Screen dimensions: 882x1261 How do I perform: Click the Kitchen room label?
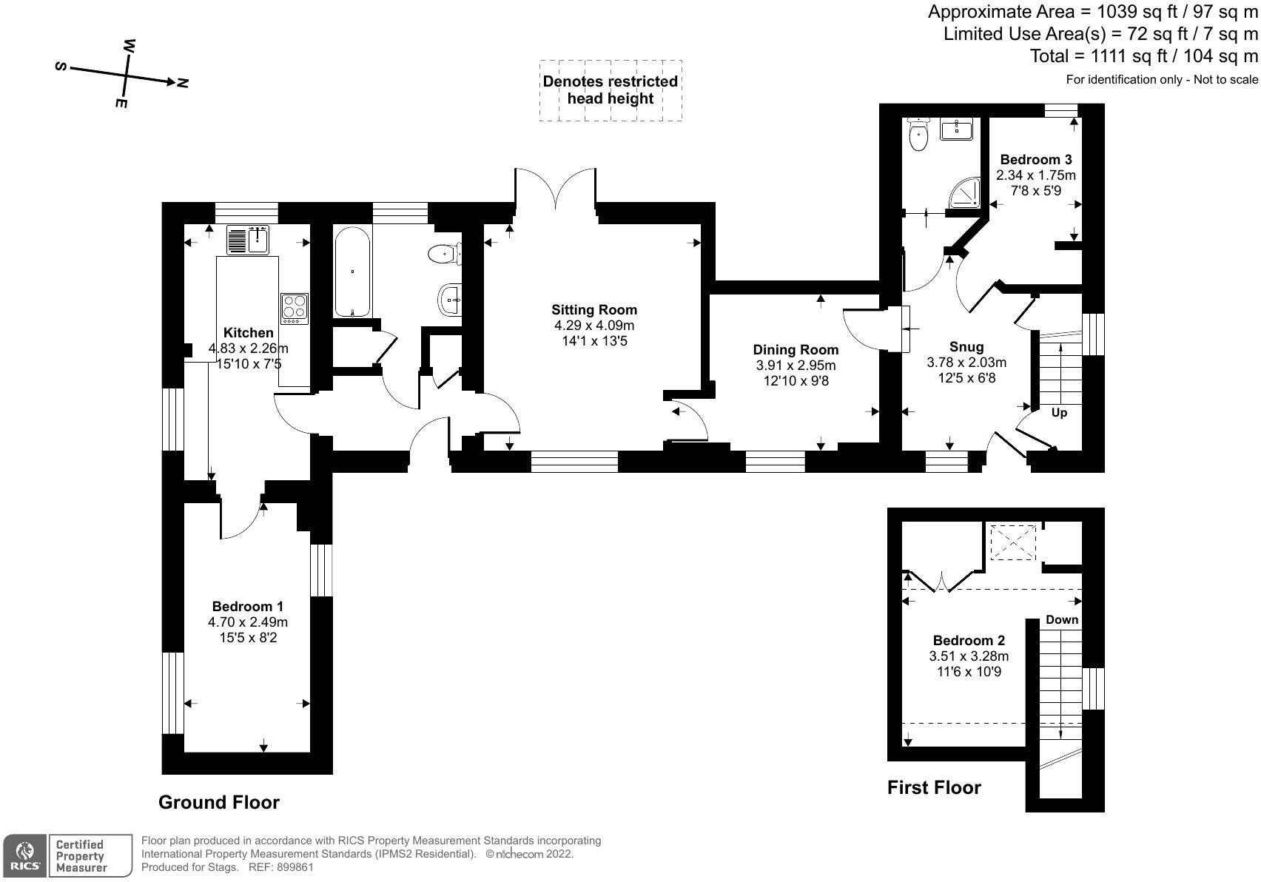[249, 333]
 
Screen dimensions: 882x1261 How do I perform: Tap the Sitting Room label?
[593, 309]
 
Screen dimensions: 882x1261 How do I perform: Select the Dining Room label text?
[796, 350]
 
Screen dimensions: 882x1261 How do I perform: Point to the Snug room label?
[966, 346]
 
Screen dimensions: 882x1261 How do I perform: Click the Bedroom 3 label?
[1035, 159]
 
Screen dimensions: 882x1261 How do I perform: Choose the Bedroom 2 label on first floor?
[969, 640]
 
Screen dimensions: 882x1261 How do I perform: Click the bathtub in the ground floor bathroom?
[352, 272]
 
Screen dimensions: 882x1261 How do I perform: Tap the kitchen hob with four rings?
[294, 309]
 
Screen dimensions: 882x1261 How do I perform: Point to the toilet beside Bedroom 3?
[918, 134]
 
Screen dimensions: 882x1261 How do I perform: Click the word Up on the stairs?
[1059, 413]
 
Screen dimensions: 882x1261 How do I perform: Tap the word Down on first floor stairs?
[1061, 619]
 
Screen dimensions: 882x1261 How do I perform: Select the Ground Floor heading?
[219, 802]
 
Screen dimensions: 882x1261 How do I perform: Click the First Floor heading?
[934, 787]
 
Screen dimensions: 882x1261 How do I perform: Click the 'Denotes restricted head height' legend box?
[610, 90]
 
